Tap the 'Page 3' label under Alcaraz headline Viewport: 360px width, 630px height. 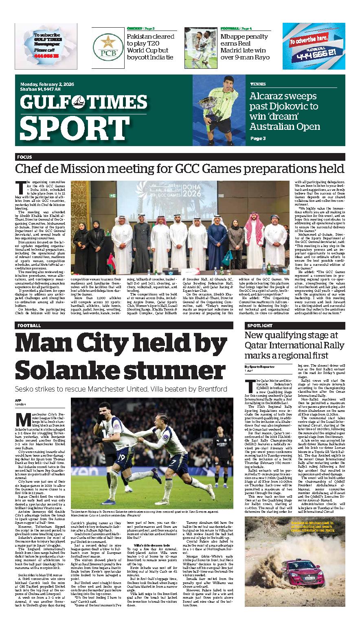(257, 138)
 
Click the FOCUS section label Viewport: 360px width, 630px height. (24, 157)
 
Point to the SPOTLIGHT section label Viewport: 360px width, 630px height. (259, 326)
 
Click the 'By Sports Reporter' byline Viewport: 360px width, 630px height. (259, 367)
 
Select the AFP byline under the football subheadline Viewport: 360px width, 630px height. (18, 401)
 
